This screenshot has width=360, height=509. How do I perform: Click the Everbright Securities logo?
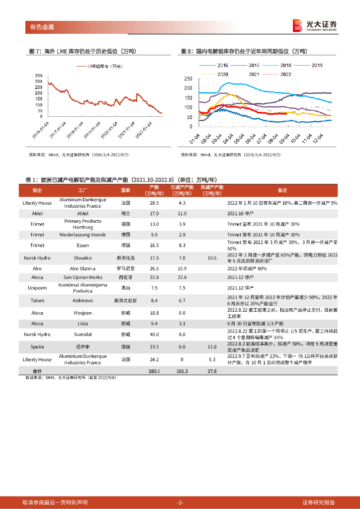click(x=315, y=25)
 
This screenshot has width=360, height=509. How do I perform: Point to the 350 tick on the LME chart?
click(x=38, y=75)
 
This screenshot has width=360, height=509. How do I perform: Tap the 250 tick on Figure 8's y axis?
click(x=188, y=79)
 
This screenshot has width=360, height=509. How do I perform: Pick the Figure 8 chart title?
click(x=244, y=51)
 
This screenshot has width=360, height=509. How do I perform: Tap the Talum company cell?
click(x=37, y=301)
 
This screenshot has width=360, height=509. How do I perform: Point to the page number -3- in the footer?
click(x=180, y=503)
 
